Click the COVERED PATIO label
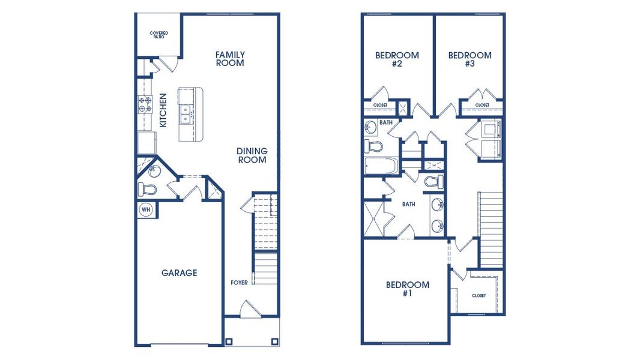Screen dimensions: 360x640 point(158,35)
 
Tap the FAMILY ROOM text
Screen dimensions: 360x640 point(230,59)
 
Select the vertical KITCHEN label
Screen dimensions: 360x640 point(163,110)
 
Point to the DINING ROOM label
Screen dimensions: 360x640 point(252,155)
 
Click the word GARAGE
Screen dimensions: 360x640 point(179,273)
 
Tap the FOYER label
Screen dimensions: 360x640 point(239,283)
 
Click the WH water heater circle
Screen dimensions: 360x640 point(146,209)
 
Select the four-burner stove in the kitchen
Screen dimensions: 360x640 point(145,105)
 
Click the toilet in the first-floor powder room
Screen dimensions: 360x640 point(148,190)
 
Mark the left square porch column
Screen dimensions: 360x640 point(229,341)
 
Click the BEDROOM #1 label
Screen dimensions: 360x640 point(407,289)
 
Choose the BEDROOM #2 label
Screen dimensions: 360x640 point(397,59)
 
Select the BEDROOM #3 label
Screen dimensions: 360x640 point(469,59)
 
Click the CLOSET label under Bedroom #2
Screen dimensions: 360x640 point(380,105)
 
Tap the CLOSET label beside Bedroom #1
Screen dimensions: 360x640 point(478,295)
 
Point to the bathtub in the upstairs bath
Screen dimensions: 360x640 point(381,166)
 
